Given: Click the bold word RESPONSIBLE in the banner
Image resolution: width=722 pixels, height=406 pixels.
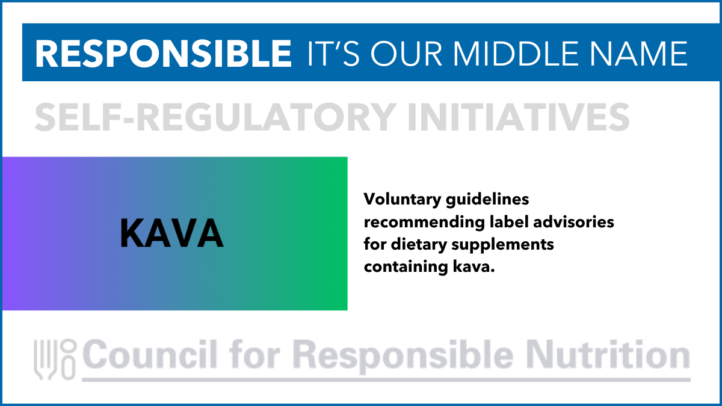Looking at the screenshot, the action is [164, 54].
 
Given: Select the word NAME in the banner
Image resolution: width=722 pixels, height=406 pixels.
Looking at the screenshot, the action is [639, 54].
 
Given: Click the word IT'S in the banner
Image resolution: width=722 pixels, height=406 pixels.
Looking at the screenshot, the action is [333, 54].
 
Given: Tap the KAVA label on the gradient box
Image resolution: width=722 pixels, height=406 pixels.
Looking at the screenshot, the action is [172, 233].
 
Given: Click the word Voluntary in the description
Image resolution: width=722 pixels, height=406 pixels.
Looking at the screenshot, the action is [403, 200].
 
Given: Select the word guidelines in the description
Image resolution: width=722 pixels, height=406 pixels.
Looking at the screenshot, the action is [487, 200].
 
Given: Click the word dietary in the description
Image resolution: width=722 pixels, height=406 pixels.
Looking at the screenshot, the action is [419, 245].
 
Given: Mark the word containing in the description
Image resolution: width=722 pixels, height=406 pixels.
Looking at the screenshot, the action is [406, 267].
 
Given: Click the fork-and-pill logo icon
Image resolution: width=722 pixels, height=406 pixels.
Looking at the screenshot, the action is [55, 359].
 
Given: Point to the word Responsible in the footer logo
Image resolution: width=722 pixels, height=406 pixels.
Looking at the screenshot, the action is [403, 356].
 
